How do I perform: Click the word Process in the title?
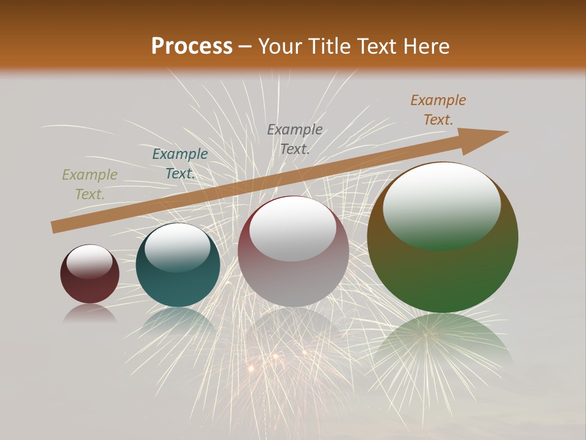point(192,46)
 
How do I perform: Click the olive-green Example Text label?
point(90,185)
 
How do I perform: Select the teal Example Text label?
point(180,164)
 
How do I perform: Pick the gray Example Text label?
point(295,139)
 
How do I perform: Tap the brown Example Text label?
point(438,110)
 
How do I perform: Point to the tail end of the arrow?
point(55,227)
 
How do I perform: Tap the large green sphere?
point(443,275)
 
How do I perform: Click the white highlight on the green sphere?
point(442,205)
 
